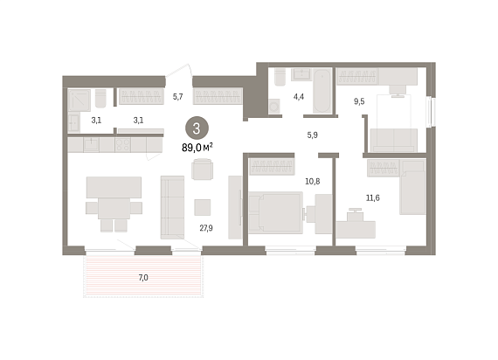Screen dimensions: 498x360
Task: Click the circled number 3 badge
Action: pos(197,128)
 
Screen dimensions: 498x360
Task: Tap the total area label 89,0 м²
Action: pos(197,148)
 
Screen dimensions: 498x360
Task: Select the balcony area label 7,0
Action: pos(143,278)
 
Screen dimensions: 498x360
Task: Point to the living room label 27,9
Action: pos(206,228)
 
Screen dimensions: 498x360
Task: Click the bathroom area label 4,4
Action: pos(299,97)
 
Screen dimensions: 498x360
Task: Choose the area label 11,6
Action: pos(373,198)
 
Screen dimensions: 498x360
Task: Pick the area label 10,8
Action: pos(313,182)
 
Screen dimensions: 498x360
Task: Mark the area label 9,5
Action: pos(359,101)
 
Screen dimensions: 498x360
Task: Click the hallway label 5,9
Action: pos(312,135)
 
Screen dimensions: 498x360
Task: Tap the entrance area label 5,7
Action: pos(178,97)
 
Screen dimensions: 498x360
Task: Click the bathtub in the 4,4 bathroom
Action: pos(322,91)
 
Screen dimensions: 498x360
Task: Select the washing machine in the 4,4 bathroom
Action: pos(274,106)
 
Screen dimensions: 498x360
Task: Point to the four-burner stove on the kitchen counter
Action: pos(123,145)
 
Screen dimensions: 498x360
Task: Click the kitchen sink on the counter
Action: pos(91,145)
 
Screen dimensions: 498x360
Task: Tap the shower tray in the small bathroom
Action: pos(80,100)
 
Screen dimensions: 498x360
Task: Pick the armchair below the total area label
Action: pos(203,170)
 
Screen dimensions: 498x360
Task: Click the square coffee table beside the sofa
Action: pos(203,207)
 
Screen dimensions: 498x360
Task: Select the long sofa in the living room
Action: pos(172,207)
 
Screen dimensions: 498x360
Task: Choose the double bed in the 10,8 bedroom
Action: pos(276,212)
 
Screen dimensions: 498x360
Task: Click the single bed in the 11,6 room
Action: pos(412,192)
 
